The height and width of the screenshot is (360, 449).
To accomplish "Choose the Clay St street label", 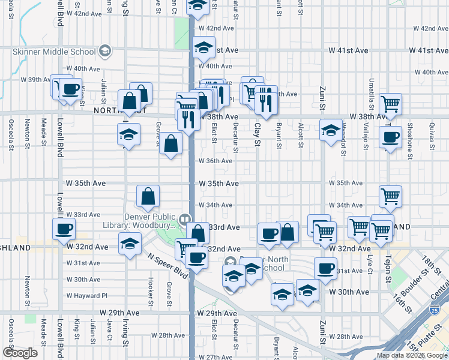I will [257, 134].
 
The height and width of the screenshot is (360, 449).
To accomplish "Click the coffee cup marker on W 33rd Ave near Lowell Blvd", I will [64, 227].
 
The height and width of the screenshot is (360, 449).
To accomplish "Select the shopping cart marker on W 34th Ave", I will [390, 196].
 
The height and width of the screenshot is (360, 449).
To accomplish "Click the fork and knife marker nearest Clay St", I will [265, 100].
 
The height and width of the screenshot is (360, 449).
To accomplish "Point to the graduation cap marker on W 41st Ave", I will [204, 47].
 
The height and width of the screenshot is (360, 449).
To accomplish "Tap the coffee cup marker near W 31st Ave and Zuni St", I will [325, 268].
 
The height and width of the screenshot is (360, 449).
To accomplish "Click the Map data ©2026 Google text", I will [412, 355].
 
